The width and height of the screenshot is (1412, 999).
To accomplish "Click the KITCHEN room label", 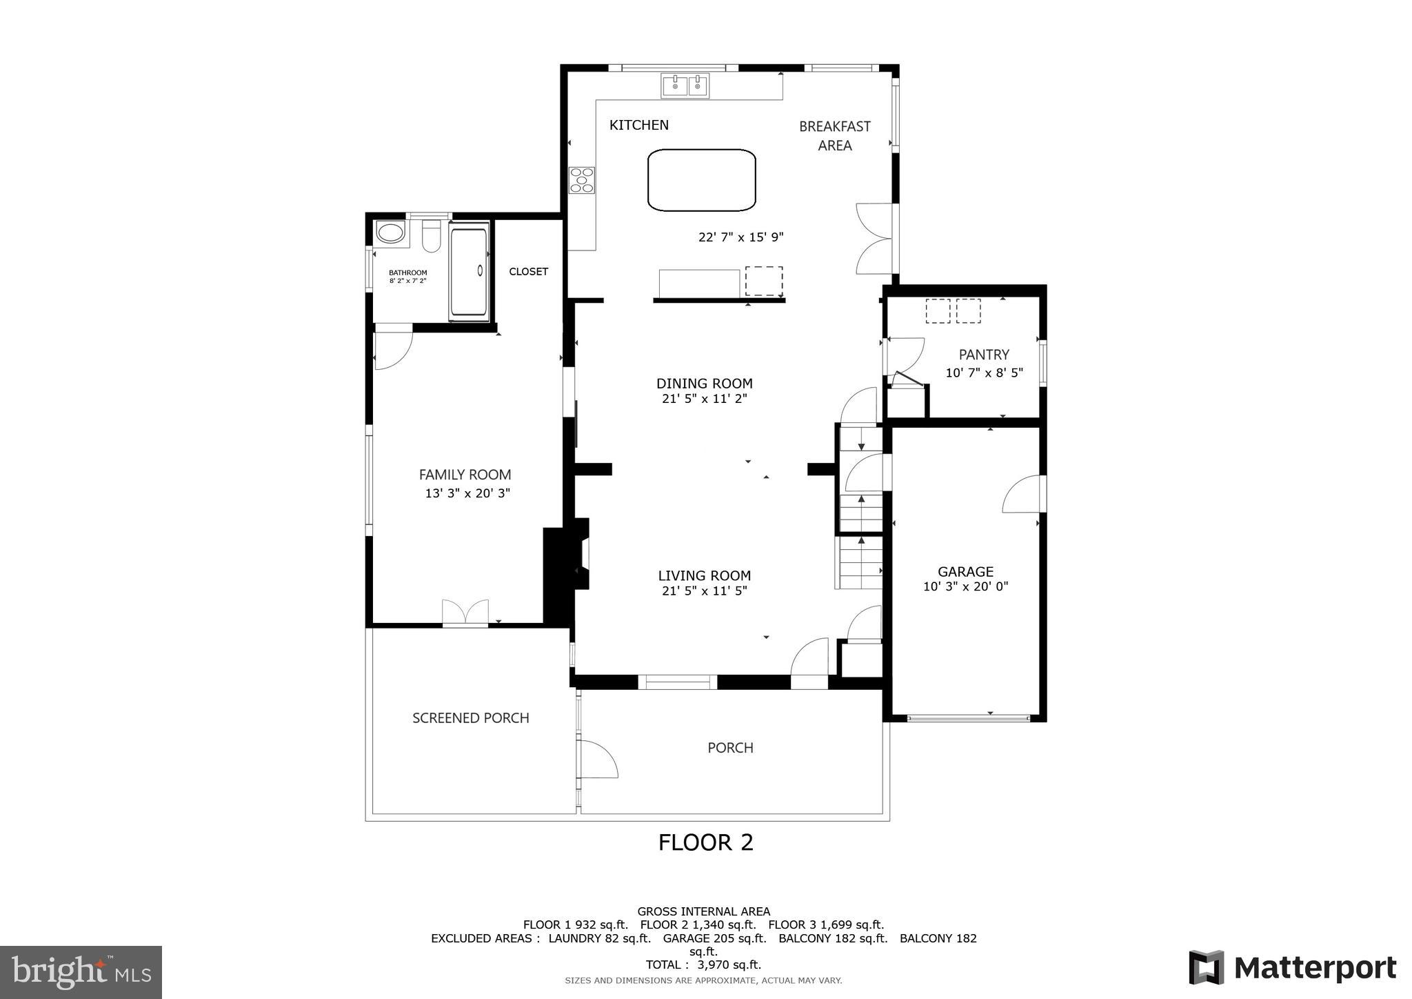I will click(x=638, y=125).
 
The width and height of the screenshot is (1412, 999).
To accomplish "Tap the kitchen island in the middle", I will click(x=701, y=180).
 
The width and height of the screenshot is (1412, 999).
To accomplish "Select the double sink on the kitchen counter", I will click(x=685, y=86).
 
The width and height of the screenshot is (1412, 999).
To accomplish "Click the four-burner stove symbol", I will click(x=582, y=180).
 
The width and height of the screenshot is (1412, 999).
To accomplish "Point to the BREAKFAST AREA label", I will click(x=834, y=136).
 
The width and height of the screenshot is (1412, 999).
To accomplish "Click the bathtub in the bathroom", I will click(x=469, y=271).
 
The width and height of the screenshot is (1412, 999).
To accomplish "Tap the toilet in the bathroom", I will click(x=432, y=237).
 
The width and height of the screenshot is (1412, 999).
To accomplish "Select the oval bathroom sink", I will click(x=390, y=233).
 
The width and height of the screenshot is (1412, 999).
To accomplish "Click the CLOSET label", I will click(x=528, y=272).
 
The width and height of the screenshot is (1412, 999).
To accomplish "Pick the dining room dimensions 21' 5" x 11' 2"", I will click(x=704, y=399).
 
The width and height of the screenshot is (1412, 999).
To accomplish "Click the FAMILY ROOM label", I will click(x=465, y=475).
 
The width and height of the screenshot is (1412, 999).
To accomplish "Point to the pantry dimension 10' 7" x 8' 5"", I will click(x=984, y=373).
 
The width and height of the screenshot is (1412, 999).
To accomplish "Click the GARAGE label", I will click(x=965, y=571).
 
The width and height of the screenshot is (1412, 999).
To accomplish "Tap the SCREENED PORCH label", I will click(x=470, y=718).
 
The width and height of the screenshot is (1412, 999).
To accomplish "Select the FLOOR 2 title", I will click(x=705, y=842).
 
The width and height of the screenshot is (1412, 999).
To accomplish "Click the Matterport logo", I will click(x=1292, y=968).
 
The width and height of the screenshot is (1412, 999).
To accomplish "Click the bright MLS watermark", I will click(x=81, y=972).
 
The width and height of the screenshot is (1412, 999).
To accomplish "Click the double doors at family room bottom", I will click(x=465, y=613).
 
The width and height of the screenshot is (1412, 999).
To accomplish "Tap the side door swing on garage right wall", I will click(x=1023, y=495).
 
